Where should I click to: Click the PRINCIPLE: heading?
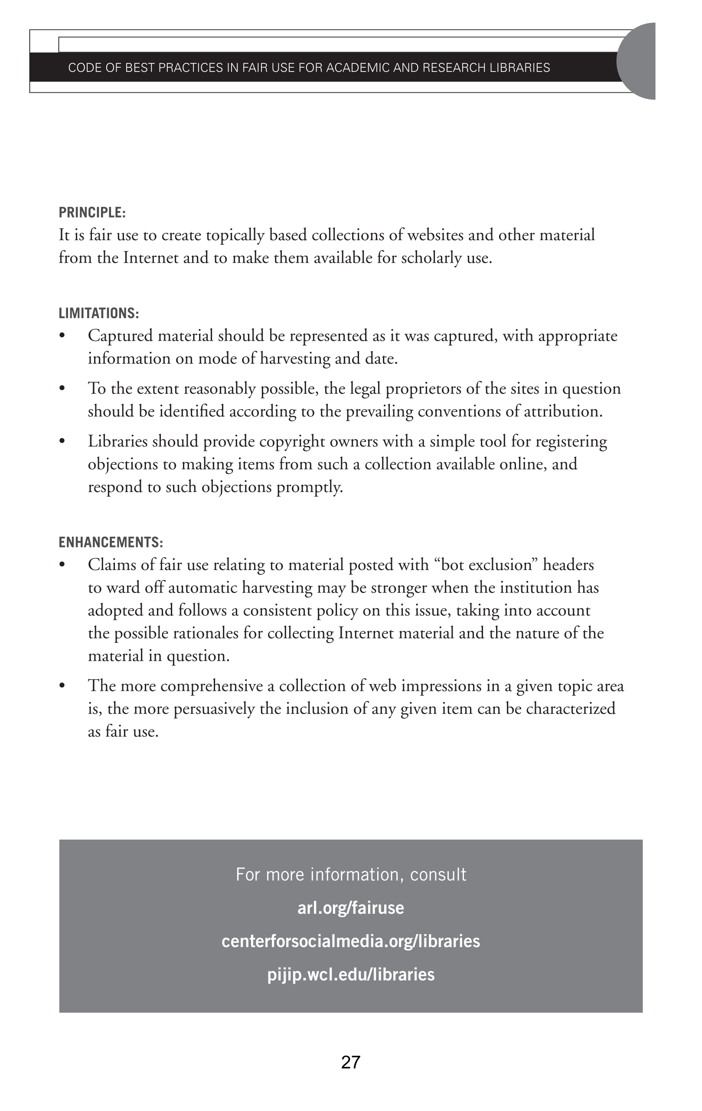click(92, 213)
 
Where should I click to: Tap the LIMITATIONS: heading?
click(98, 313)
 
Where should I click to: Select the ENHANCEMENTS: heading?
click(111, 542)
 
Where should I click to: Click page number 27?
click(351, 1062)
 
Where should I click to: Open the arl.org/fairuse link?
click(351, 908)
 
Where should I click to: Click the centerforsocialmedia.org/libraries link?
click(351, 941)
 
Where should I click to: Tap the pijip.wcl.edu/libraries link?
click(351, 974)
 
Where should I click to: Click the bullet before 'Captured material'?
click(62, 336)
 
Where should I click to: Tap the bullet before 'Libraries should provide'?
click(62, 442)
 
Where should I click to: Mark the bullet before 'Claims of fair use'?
click(62, 565)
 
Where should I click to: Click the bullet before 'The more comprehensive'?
click(62, 686)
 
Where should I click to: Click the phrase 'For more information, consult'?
click(351, 874)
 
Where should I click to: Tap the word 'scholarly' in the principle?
click(431, 258)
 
